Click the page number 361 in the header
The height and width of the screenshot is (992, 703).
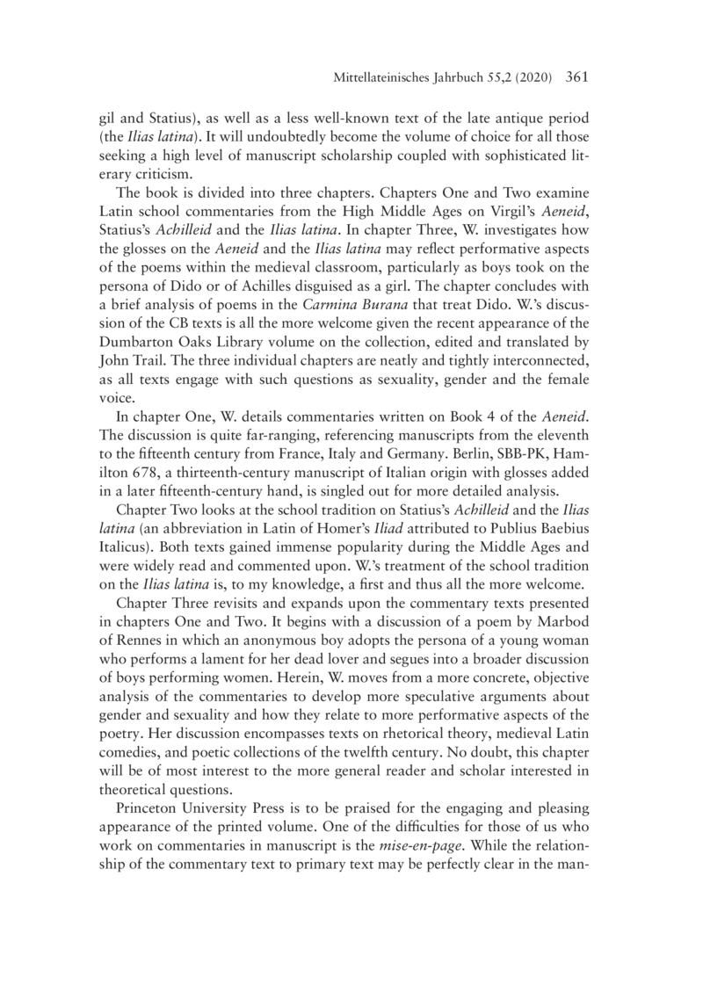(x=572, y=77)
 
